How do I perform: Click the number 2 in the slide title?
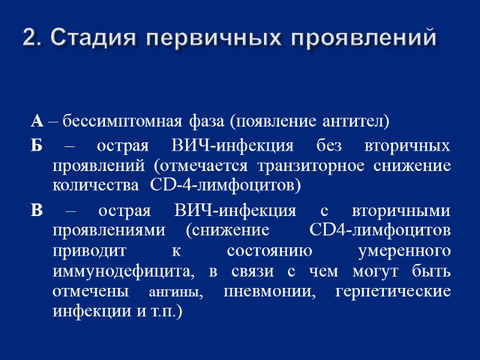(x=28, y=38)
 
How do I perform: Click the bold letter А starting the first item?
(x=37, y=122)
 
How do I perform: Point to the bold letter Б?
(x=36, y=146)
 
